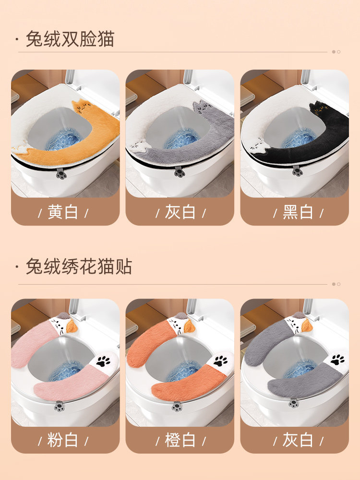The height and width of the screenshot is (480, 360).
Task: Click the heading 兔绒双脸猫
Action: coord(70,39)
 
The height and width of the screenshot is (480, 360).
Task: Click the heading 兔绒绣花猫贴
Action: coord(79,266)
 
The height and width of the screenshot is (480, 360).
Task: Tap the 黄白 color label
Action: coord(63,212)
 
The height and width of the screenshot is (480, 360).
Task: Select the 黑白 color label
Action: coord(298,212)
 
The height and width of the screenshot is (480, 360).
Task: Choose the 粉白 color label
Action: coord(63,440)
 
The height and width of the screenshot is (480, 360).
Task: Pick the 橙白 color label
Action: coord(180,440)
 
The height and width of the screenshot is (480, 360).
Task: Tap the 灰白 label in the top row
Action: coord(180,212)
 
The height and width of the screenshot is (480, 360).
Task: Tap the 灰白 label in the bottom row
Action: coord(298,440)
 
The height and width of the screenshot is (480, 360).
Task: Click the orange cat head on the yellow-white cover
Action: coord(82,107)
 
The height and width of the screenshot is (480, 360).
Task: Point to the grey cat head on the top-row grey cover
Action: coord(203,108)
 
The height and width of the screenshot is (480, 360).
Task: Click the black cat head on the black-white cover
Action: coord(320,108)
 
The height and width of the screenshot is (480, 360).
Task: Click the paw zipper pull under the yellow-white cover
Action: coord(60,173)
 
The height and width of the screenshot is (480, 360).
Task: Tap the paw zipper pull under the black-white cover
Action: coord(297,171)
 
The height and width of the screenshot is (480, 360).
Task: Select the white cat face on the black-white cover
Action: coord(256,145)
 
